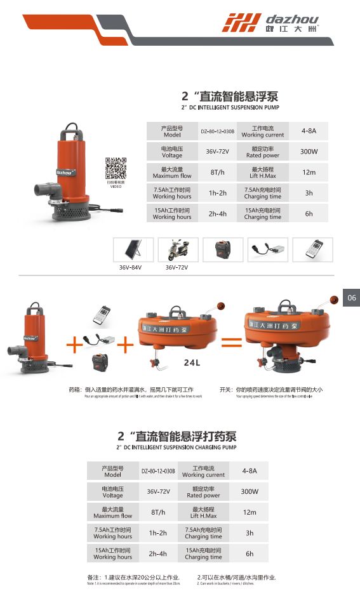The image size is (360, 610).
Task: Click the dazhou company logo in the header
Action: (x=270, y=23)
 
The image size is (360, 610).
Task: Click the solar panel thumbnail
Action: (x=132, y=249)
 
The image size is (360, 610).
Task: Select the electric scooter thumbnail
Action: (x=178, y=249)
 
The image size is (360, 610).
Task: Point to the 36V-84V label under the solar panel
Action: (x=132, y=268)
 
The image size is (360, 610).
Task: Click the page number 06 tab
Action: (x=352, y=298)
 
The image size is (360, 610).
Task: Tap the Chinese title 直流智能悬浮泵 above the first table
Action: (x=230, y=97)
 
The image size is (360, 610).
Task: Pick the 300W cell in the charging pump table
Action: (x=249, y=492)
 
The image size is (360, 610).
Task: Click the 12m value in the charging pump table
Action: (x=249, y=512)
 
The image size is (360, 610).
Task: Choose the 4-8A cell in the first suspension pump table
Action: (x=309, y=131)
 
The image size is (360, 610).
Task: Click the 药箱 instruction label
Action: (x=76, y=389)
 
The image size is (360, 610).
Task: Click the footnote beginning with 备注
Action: (x=133, y=578)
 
